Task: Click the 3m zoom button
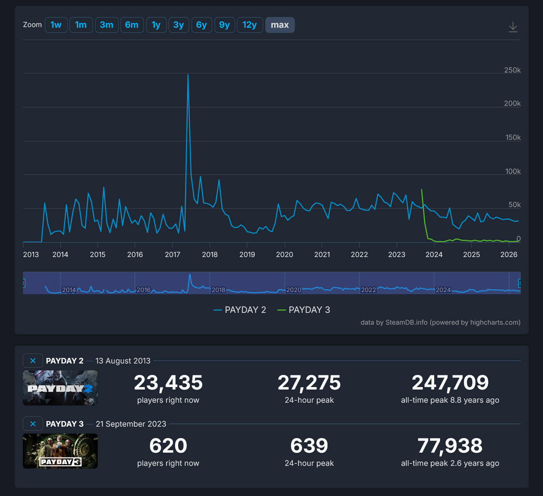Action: [x=107, y=25]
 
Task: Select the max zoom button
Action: [x=280, y=25]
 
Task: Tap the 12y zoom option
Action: [x=249, y=25]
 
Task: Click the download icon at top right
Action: [x=513, y=27]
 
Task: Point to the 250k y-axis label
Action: [x=512, y=70]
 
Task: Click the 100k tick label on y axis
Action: [x=513, y=171]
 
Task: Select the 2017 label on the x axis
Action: [x=172, y=255]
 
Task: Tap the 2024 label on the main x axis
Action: [x=434, y=255]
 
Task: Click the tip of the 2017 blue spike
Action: [x=188, y=75]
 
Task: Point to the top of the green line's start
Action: [x=421, y=190]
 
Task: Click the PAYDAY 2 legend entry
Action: [x=240, y=310]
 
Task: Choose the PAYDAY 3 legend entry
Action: [x=304, y=310]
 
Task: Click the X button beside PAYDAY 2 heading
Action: [x=33, y=361]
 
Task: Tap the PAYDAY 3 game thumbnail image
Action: [x=60, y=451]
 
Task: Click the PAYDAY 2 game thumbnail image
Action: [x=60, y=388]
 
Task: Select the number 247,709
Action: [x=450, y=383]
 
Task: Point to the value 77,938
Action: [x=450, y=446]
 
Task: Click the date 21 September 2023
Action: [x=131, y=424]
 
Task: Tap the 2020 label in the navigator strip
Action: [x=294, y=290]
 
